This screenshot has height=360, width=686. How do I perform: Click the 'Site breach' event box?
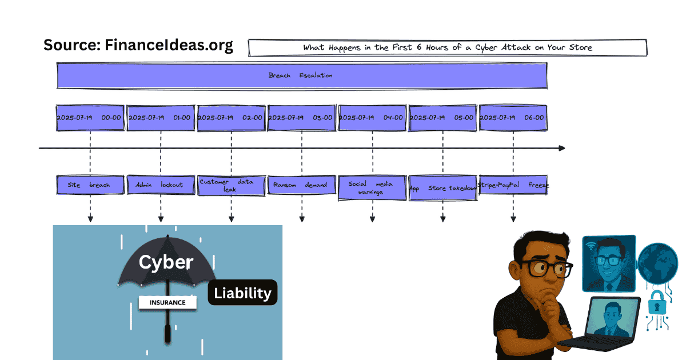pos(90,185)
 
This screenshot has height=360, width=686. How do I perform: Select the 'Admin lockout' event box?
pos(160,185)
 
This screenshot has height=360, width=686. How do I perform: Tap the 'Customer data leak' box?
pos(231,185)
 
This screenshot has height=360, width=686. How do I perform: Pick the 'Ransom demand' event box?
pos(301,185)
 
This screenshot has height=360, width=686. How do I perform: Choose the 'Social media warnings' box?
pos(372,188)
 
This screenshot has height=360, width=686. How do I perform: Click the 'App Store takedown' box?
pos(442,188)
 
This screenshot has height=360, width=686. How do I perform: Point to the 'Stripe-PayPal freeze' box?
pos(513,185)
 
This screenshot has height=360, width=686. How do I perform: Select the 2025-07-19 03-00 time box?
pos(301,118)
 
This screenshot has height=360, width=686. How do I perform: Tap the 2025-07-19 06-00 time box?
pos(513,118)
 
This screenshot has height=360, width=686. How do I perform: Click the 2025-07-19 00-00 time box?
pos(90,118)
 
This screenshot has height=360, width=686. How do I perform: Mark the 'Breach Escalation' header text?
pos(300,75)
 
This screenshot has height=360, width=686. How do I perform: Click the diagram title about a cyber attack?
pos(448,47)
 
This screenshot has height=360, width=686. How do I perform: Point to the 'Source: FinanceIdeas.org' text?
pos(138,45)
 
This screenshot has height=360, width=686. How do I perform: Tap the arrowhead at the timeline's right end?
pos(561,148)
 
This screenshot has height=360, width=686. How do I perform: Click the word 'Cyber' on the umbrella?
pos(166,262)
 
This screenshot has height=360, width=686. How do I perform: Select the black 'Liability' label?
pos(242,293)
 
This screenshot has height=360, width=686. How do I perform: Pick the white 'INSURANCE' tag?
pos(167,302)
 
